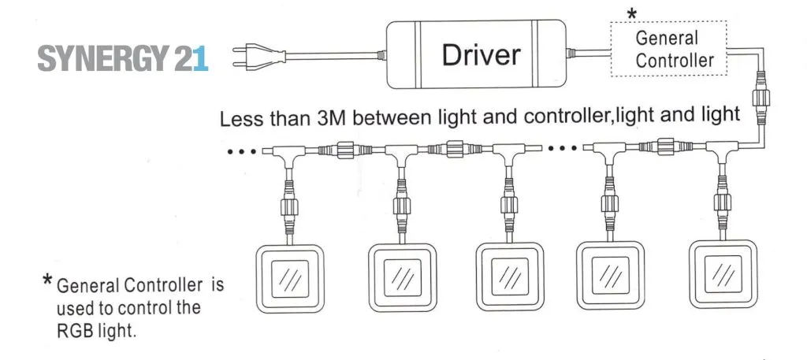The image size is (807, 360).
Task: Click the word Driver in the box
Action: click(481, 54)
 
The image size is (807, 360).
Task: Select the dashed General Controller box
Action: click(668, 49)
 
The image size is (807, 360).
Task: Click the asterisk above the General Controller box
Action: click(630, 14)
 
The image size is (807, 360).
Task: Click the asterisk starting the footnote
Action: click(49, 281)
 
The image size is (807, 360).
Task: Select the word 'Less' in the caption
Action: click(239, 120)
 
